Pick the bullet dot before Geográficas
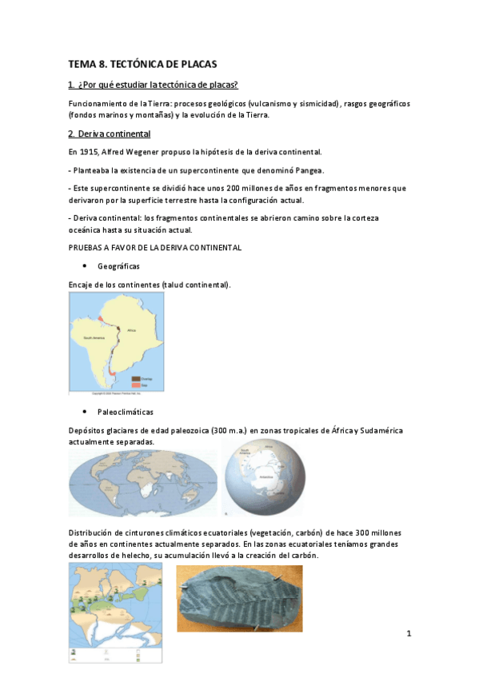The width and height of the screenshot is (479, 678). tap(84, 265)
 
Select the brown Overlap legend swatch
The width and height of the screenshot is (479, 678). tap(135, 377)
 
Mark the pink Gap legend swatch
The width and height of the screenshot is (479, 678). tap(135, 384)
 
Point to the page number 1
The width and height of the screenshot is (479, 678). tap(408, 634)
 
